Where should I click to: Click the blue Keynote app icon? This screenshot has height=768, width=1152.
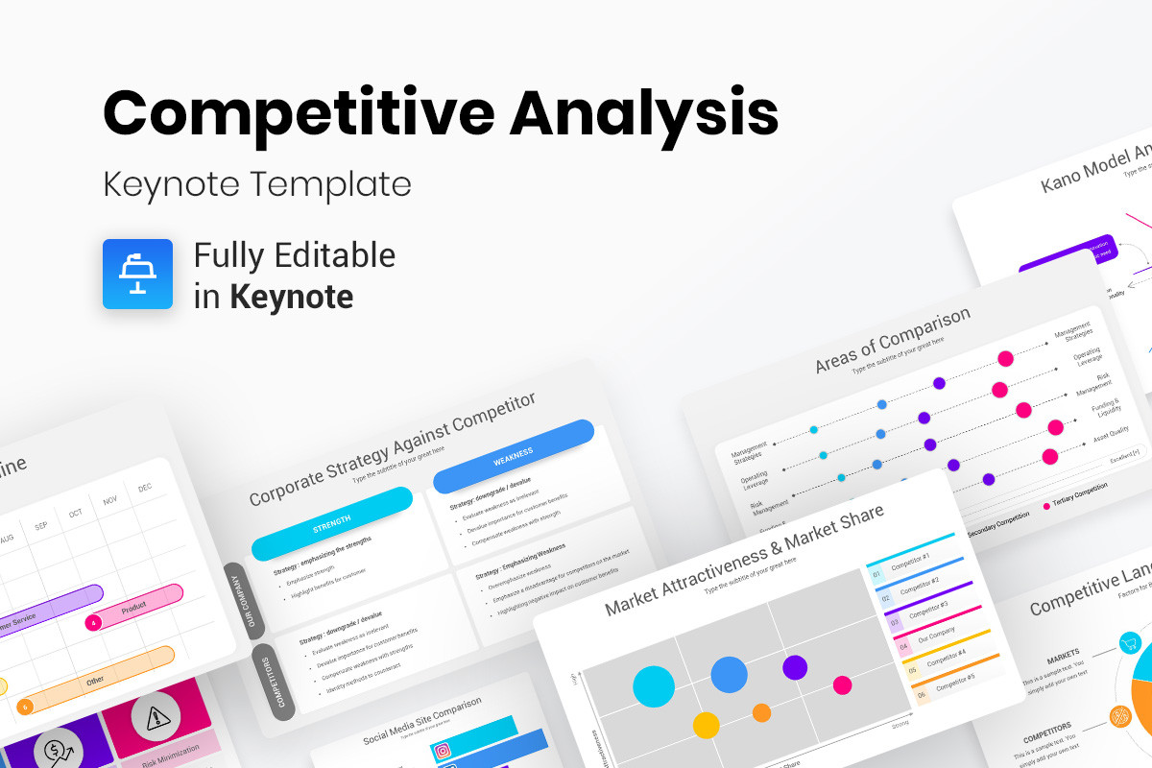tap(137, 274)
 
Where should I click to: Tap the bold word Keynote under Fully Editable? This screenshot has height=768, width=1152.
tap(291, 296)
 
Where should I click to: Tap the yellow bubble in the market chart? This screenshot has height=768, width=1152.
tap(706, 725)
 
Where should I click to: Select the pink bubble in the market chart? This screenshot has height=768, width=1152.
tap(842, 684)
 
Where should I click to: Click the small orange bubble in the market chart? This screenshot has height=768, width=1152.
tap(761, 712)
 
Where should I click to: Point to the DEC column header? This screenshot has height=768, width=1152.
tap(145, 488)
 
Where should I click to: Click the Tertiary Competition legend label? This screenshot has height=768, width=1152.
tap(1081, 489)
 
